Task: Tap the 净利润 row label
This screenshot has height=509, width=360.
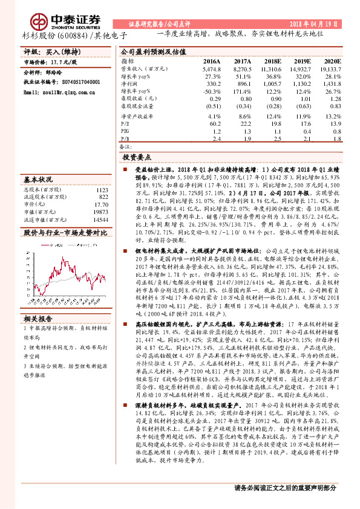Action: [x=129, y=84]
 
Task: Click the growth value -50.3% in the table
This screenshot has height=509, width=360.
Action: [x=212, y=91]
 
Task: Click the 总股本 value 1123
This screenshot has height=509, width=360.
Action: [x=102, y=189]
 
